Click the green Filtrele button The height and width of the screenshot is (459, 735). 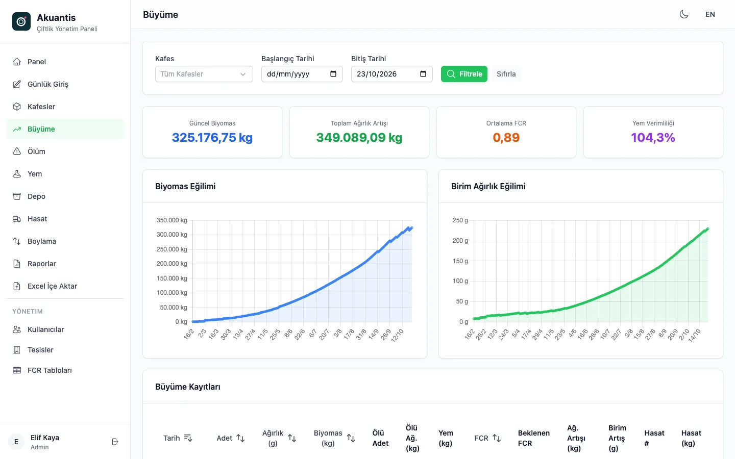(464, 74)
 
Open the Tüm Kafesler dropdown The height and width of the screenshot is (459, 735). (204, 74)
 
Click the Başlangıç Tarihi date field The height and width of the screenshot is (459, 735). (302, 74)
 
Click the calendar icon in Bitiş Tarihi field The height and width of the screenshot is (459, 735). (423, 74)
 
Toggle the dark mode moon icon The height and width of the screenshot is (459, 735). (684, 14)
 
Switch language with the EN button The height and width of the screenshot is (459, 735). (710, 14)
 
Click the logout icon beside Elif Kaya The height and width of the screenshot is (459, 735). (115, 442)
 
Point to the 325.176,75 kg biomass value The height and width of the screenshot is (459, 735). (212, 138)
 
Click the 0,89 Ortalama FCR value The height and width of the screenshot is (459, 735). (506, 138)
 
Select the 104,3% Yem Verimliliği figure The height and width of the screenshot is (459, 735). (653, 138)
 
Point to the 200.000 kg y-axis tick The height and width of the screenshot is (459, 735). (171, 264)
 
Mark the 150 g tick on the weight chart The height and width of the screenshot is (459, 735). (460, 261)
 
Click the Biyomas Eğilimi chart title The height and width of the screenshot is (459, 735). (185, 186)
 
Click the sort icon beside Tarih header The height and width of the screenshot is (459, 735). (188, 438)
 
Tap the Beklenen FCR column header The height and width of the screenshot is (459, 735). (533, 438)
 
